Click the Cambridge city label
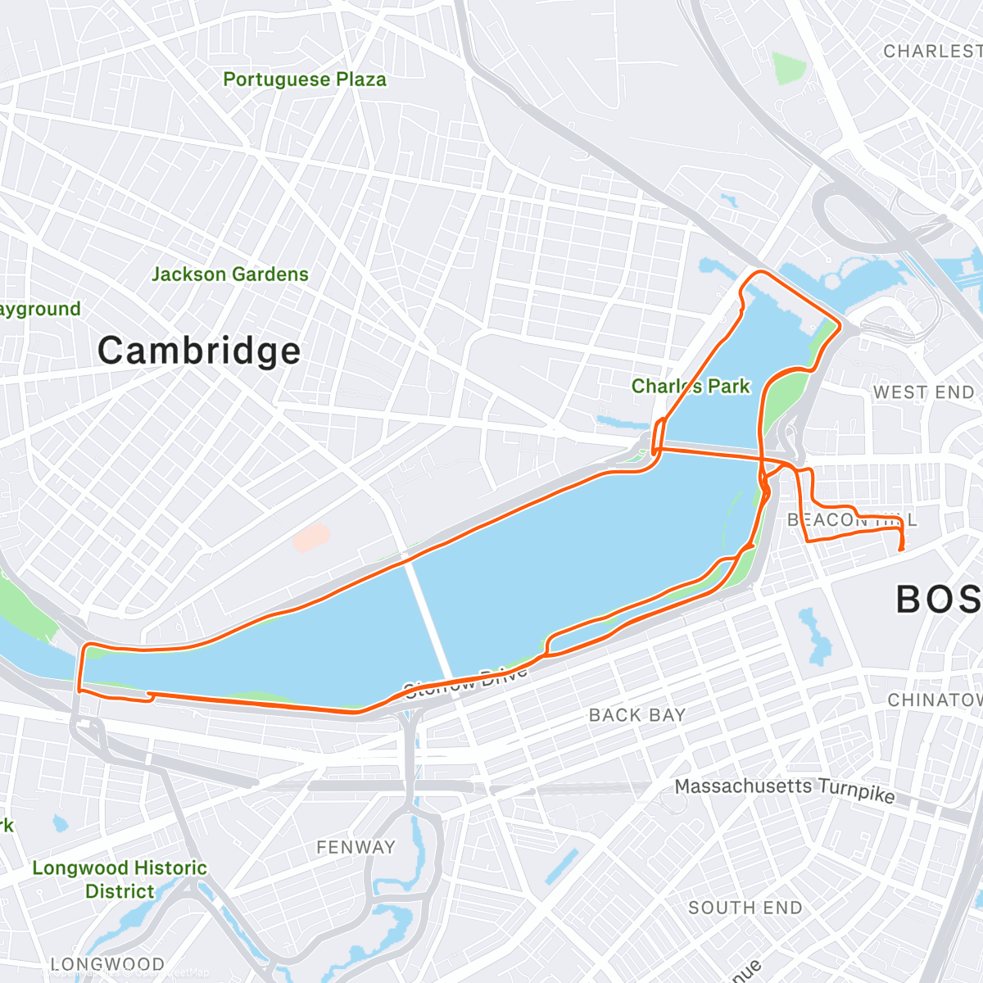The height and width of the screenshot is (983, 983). (x=199, y=351)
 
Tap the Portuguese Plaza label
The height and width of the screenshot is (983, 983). (x=305, y=79)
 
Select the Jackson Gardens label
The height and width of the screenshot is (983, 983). (x=230, y=274)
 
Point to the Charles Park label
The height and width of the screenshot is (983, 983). (x=691, y=386)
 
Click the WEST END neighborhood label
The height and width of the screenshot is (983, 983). (x=923, y=392)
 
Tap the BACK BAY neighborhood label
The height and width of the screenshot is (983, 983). (x=637, y=715)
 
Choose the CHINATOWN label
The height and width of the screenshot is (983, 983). (x=935, y=700)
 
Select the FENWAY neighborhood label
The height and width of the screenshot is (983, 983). (x=356, y=847)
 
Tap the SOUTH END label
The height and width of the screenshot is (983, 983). (x=745, y=908)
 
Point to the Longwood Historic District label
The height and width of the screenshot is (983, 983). (x=120, y=879)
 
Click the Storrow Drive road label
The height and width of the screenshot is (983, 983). (x=465, y=683)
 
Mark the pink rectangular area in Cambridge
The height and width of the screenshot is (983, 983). (x=311, y=538)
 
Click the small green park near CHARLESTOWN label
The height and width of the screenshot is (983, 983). (x=788, y=69)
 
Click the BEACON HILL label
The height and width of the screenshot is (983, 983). (x=851, y=520)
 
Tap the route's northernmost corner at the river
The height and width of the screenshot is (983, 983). (x=759, y=272)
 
